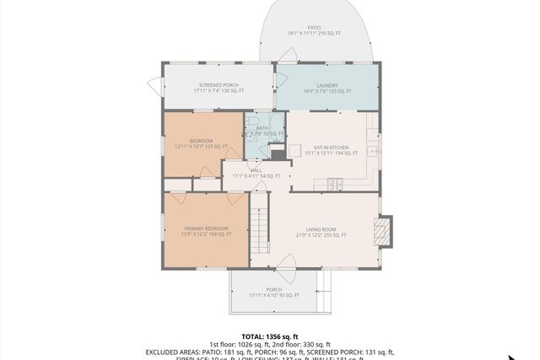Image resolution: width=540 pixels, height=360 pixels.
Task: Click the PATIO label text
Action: (313, 28)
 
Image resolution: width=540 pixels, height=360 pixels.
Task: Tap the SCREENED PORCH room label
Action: (219, 85)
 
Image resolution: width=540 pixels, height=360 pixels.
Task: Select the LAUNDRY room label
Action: (327, 85)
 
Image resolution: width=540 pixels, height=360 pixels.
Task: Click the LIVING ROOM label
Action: (321, 228)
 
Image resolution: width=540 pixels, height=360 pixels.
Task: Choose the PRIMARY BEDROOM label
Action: (207, 228)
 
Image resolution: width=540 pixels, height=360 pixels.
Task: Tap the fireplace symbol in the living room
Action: (384, 229)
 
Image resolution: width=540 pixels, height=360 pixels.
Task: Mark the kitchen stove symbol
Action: (335, 183)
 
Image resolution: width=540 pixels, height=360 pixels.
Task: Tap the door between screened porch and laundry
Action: (277, 85)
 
